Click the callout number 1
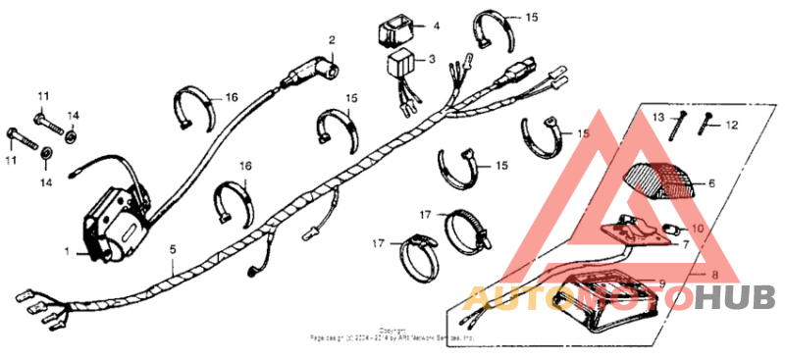pos(68,252)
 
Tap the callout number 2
pos(332,40)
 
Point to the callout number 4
pos(436,25)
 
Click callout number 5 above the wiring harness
pos(173,250)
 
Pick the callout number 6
pos(711,182)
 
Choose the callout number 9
pos(662,283)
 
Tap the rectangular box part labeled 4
pos(397,31)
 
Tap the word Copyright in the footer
pos(392,330)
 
